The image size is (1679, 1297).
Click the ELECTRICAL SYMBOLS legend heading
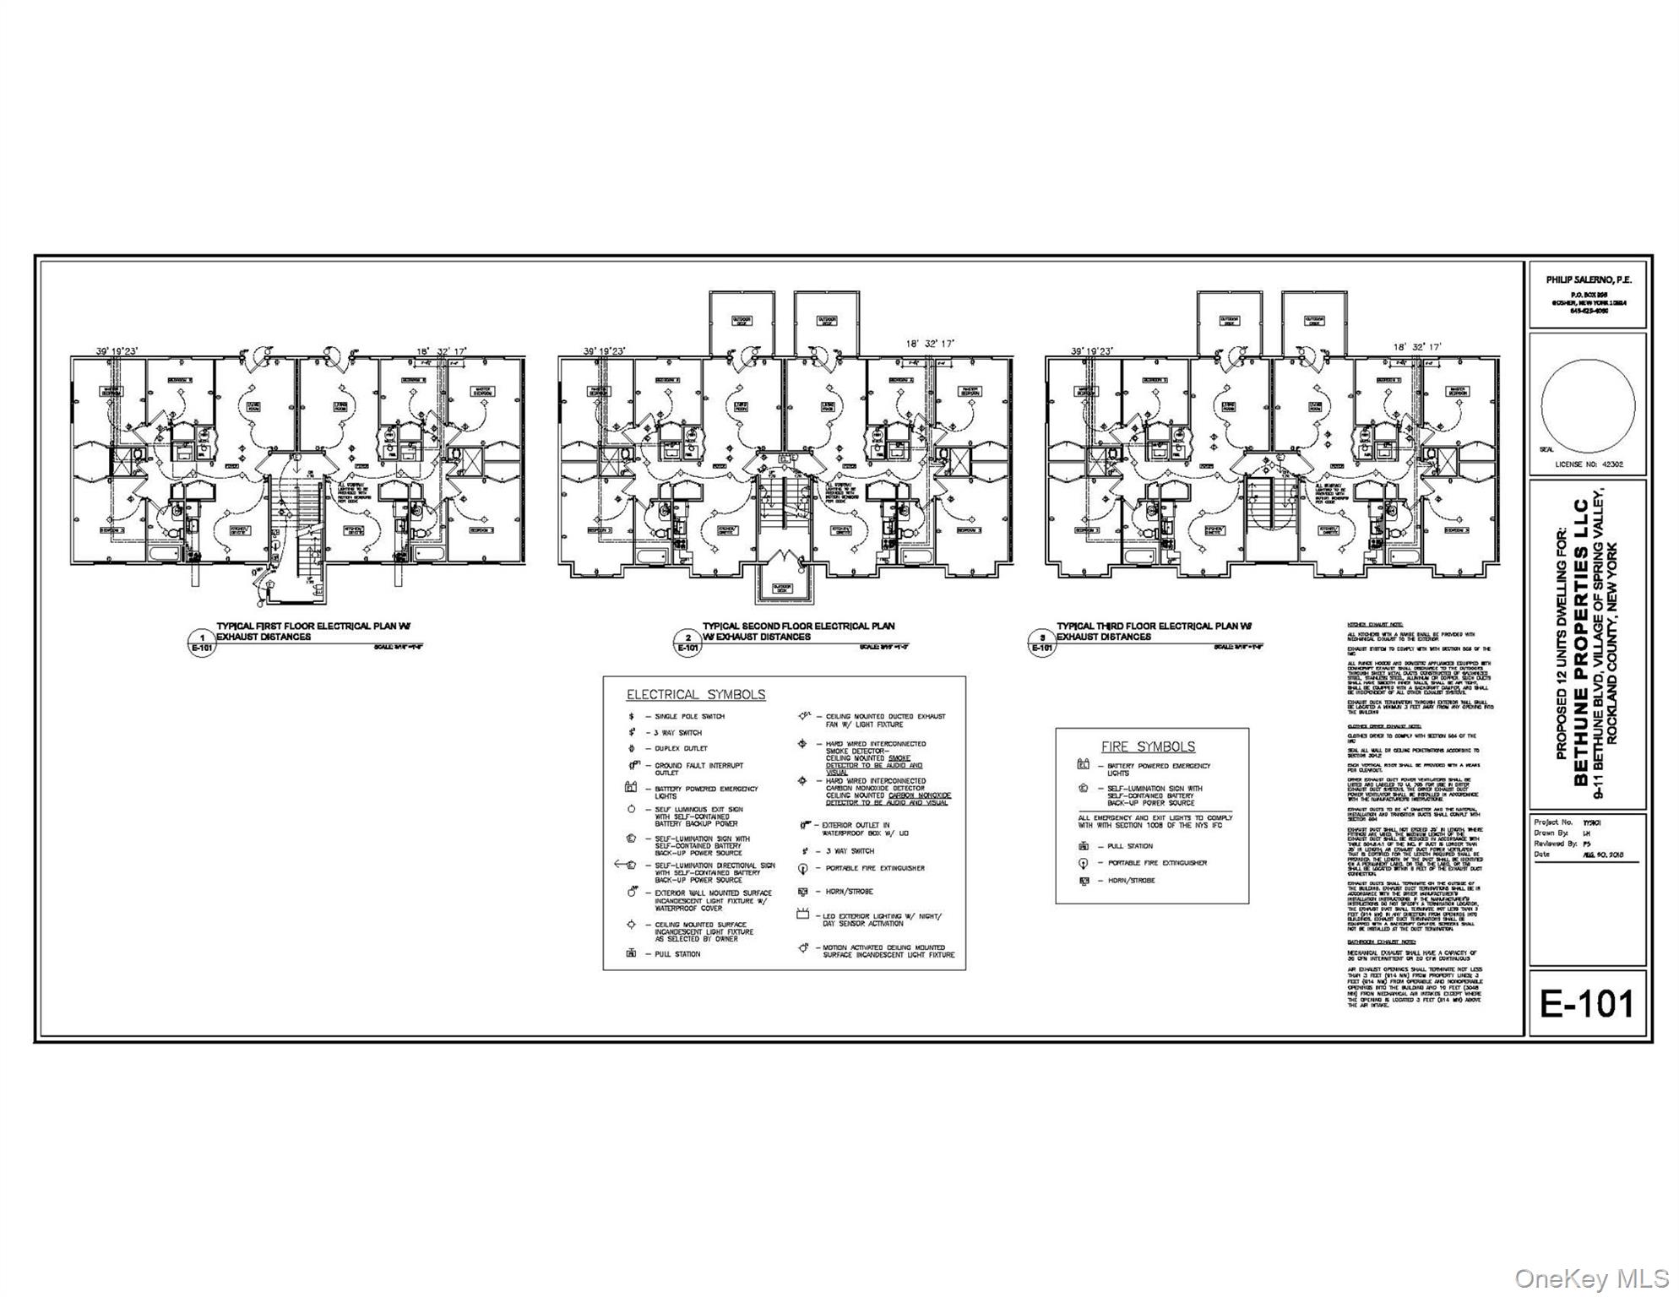pyautogui.click(x=695, y=695)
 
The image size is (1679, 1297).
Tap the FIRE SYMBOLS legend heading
pyautogui.click(x=1148, y=747)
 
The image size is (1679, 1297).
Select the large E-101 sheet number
pyautogui.click(x=1587, y=1004)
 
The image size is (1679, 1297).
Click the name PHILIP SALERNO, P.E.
pyautogui.click(x=1589, y=279)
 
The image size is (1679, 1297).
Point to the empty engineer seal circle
pyautogui.click(x=1587, y=405)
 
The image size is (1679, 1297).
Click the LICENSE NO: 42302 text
pyautogui.click(x=1589, y=464)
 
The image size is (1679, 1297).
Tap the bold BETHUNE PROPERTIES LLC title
pyautogui.click(x=1580, y=643)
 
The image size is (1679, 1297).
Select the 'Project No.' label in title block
pyautogui.click(x=1553, y=822)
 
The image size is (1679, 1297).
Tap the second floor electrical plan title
pyautogui.click(x=798, y=631)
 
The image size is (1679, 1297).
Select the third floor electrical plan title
pyautogui.click(x=1154, y=631)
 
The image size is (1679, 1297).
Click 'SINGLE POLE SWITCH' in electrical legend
pyautogui.click(x=689, y=716)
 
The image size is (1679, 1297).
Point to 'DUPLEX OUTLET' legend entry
pyautogui.click(x=681, y=748)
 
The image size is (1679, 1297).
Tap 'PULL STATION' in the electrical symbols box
pyautogui.click(x=677, y=954)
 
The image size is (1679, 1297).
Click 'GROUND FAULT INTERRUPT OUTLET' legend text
pyautogui.click(x=698, y=768)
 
